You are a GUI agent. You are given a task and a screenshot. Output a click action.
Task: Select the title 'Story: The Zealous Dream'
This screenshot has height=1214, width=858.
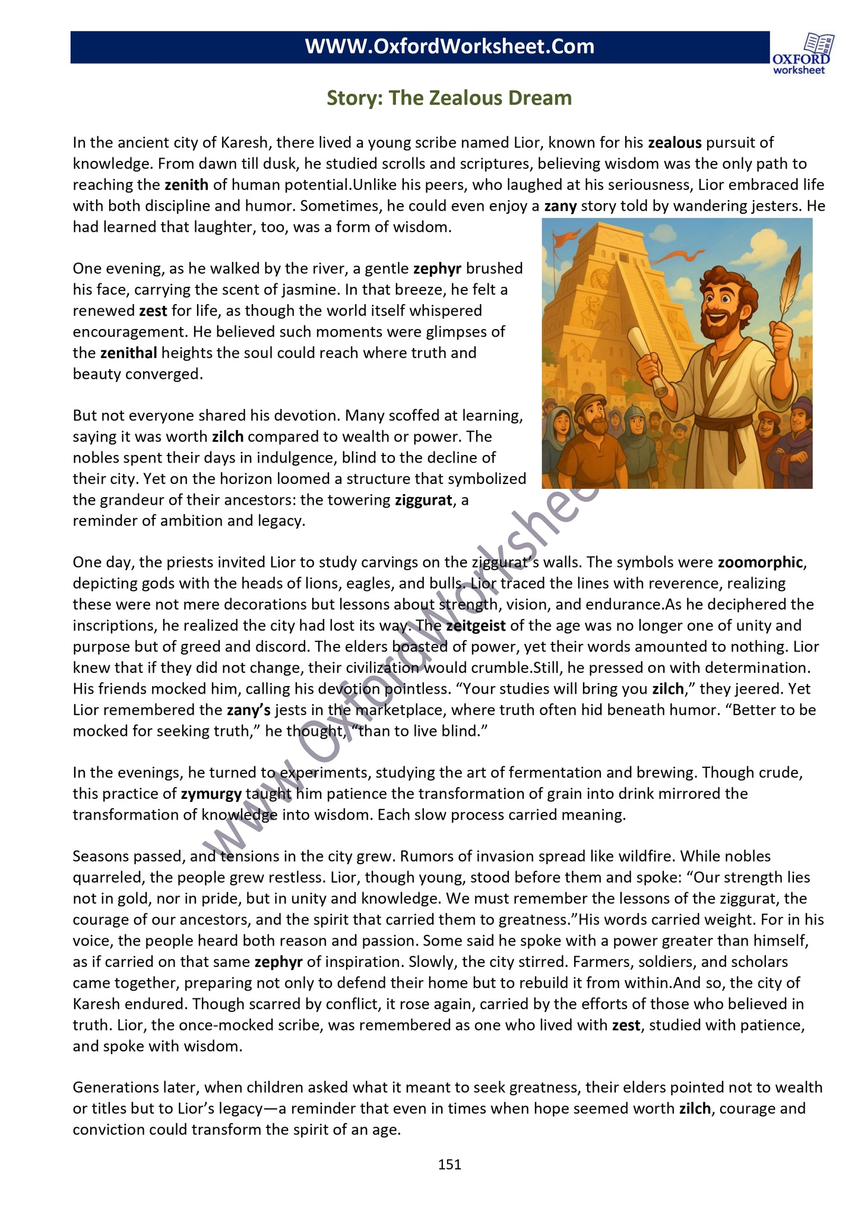pyautogui.click(x=449, y=98)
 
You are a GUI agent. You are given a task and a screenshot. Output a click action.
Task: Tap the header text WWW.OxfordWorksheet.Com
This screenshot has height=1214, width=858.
pyautogui.click(x=449, y=47)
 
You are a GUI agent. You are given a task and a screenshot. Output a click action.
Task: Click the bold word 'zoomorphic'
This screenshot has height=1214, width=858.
pyautogui.click(x=760, y=562)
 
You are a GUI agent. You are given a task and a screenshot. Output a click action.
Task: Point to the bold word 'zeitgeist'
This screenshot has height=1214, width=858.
pyautogui.click(x=476, y=625)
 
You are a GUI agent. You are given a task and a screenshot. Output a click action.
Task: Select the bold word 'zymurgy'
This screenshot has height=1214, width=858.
pyautogui.click(x=211, y=793)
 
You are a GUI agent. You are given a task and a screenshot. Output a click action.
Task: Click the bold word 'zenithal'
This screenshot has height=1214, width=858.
pyautogui.click(x=128, y=353)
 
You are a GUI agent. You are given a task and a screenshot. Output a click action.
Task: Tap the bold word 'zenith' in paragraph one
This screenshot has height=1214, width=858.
pyautogui.click(x=186, y=185)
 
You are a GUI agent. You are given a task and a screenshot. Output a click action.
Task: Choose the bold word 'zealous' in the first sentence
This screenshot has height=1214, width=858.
pyautogui.click(x=675, y=143)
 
